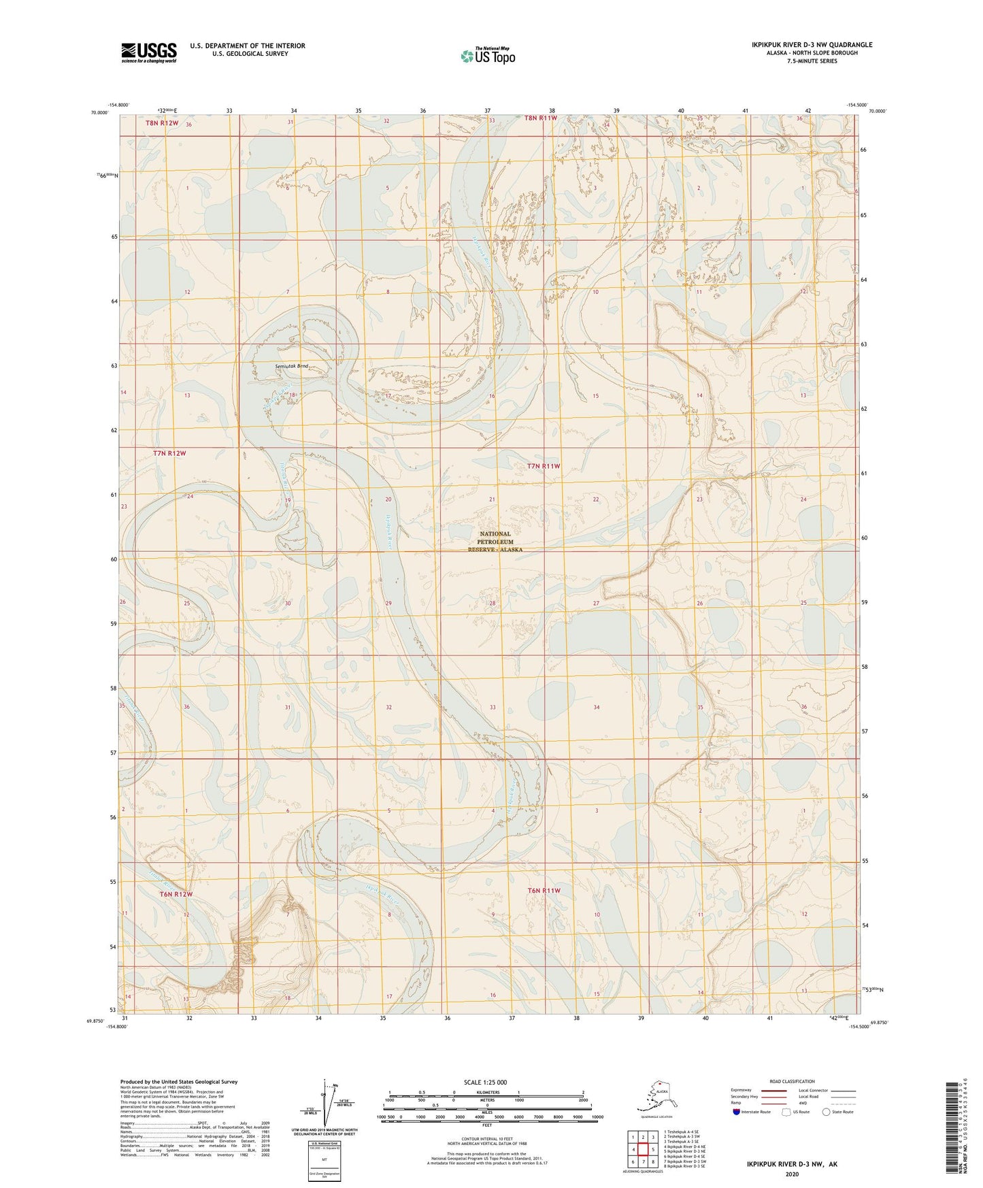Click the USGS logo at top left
coord(149,52)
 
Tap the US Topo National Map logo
coord(488,55)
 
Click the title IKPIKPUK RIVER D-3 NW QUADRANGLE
coord(812,45)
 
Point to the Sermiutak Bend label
coord(292,366)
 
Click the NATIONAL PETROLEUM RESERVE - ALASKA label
coord(495,542)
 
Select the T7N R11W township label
coord(544,466)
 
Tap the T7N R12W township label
coord(169,453)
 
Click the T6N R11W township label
coord(544,891)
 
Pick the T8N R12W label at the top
coord(162,123)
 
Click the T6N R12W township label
coord(176,894)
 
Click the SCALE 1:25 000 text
coord(485,1083)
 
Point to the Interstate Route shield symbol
coord(737,1112)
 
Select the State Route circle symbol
coord(826,1112)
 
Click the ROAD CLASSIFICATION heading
coord(792,1081)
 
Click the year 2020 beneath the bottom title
coord(792,1174)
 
